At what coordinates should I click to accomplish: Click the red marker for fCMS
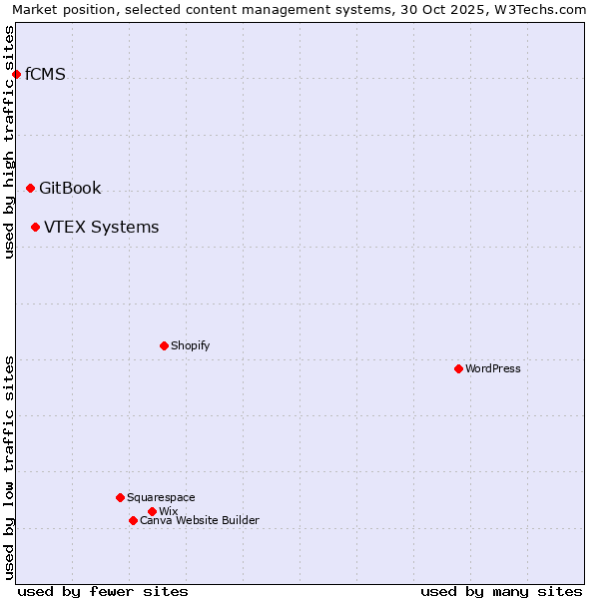(16, 74)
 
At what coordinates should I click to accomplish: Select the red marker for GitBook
(30, 188)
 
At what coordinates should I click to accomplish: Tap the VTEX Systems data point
(35, 227)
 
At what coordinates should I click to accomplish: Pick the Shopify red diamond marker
(164, 345)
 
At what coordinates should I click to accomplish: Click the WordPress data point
(458, 368)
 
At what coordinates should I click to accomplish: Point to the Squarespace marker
(120, 497)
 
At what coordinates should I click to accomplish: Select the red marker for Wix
(152, 511)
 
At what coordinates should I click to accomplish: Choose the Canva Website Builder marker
(133, 520)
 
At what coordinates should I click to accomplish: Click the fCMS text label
(45, 74)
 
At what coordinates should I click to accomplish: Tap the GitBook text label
(70, 188)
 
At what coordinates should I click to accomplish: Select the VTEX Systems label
(101, 227)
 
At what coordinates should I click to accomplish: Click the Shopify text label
(190, 345)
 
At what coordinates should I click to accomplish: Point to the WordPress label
(493, 368)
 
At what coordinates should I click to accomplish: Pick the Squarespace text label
(161, 497)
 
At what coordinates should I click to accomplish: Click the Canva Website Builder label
(200, 520)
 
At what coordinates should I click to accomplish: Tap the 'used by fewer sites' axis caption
(103, 591)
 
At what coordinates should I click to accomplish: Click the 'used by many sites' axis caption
(501, 591)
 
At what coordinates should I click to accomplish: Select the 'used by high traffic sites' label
(9, 142)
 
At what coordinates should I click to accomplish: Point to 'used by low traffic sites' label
(9, 467)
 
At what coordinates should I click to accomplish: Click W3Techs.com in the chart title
(538, 9)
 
